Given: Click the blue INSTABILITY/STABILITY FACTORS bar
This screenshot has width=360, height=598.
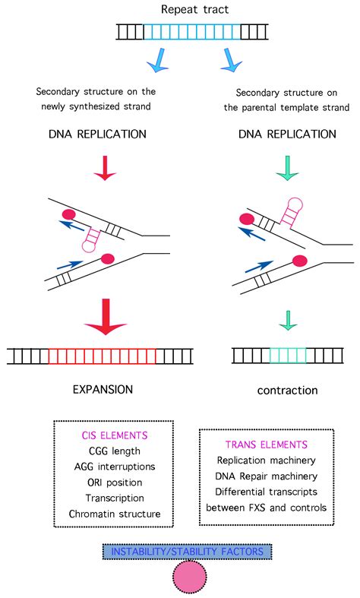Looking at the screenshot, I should (178, 550).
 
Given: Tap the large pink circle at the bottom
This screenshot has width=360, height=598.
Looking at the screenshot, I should (179, 577).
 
